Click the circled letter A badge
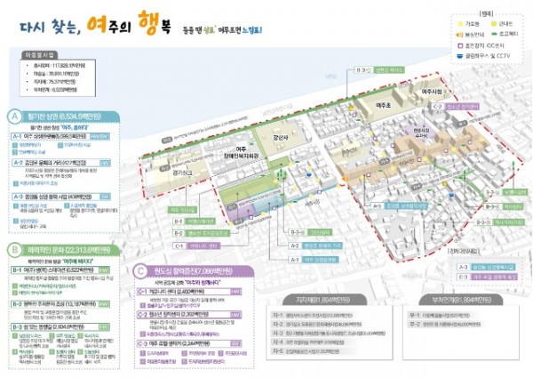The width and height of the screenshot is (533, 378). click(x=13, y=117)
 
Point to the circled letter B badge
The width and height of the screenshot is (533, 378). click(x=13, y=250)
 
